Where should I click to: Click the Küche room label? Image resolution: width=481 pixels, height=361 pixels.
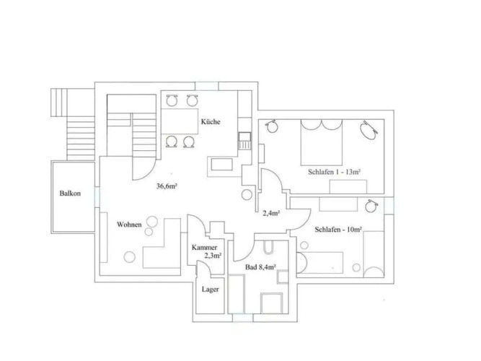coord(211,122)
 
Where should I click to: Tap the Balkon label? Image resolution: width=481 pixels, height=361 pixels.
coord(70,193)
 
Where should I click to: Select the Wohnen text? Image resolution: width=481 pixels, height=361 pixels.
coord(129,225)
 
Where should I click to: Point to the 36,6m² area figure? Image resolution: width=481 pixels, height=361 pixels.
coord(167,186)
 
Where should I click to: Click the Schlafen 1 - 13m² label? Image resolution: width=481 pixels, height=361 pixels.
coord(334,172)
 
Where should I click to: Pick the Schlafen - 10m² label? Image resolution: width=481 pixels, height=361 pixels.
coord(338,230)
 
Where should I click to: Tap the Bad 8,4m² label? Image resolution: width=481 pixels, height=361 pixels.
coord(260,267)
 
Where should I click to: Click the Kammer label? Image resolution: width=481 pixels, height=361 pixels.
coord(204,248)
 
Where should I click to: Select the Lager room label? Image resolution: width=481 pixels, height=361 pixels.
coord(211,290)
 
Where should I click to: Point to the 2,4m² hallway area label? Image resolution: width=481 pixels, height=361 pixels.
coord(271,213)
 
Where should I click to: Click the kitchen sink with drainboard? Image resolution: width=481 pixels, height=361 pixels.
coord(244,141)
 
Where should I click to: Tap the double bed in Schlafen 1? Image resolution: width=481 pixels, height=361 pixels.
coord(322,142)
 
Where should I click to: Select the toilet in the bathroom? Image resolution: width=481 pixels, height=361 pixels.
coord(268,248)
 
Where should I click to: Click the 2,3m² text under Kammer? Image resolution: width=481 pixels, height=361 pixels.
coord(213,256)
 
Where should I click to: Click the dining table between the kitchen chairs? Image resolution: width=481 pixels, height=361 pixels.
coord(180,121)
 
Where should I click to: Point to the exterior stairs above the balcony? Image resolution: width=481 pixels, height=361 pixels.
coord(81,138)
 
